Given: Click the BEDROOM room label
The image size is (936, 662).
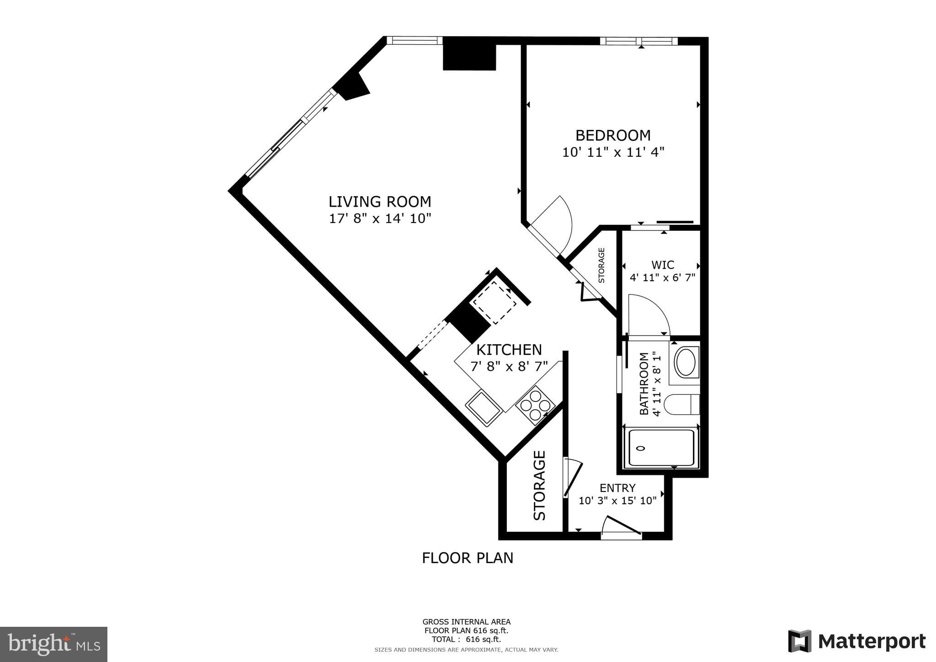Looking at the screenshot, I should click(612, 135).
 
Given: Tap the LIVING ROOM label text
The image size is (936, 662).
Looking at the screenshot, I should click(380, 202).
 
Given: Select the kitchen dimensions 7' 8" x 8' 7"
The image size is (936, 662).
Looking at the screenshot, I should click(509, 367).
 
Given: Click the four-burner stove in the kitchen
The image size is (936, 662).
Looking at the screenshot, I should click(535, 406).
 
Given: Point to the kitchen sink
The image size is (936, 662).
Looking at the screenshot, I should click(484, 407).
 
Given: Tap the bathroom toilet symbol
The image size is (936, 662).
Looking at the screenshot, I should click(681, 405).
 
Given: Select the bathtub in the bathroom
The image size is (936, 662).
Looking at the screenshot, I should click(661, 448).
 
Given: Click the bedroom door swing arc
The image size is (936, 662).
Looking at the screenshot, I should click(555, 224).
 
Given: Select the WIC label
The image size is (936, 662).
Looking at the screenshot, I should click(662, 265).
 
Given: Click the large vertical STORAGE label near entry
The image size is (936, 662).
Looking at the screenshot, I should click(540, 485).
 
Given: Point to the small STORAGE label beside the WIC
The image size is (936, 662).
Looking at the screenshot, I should click(601, 265).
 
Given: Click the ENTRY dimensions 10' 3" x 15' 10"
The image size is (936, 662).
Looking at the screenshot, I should click(617, 501).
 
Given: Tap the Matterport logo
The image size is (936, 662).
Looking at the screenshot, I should click(856, 641).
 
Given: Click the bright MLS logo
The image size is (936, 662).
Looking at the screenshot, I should click(53, 644).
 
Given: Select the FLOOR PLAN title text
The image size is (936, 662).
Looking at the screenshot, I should click(467, 558).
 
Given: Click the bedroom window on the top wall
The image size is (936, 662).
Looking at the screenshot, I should click(638, 41).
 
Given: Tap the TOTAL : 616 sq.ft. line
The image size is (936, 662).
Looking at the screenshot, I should click(466, 640).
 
